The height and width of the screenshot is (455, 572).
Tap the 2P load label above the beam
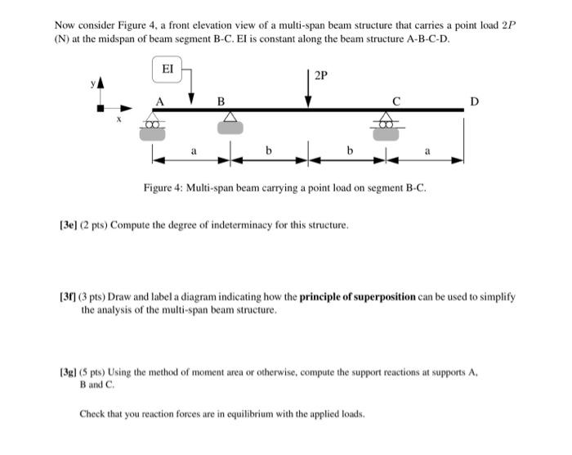320,76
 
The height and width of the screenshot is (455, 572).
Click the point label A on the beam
160,101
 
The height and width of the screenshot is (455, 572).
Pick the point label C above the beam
396,101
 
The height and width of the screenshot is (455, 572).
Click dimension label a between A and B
194,151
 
